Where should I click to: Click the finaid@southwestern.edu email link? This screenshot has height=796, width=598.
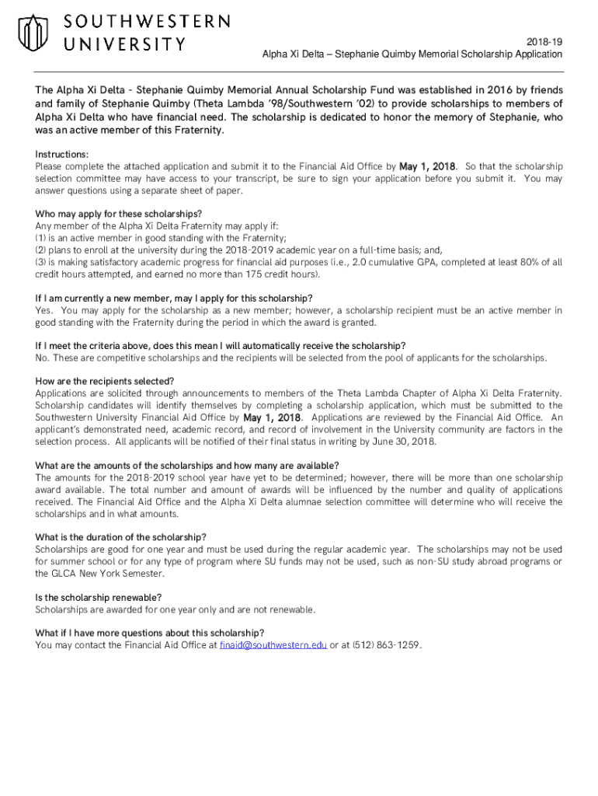pyautogui.click(x=273, y=645)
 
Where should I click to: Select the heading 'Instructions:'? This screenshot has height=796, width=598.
pyautogui.click(x=61, y=155)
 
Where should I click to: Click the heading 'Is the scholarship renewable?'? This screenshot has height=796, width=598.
pyautogui.click(x=99, y=597)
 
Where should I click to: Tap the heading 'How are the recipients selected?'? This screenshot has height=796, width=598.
pyautogui.click(x=105, y=381)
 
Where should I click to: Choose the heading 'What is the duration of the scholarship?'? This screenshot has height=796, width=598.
pyautogui.click(x=120, y=537)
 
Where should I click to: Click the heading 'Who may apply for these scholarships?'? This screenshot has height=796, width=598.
pyautogui.click(x=118, y=214)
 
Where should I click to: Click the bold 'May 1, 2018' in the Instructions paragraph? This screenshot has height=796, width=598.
pyautogui.click(x=428, y=166)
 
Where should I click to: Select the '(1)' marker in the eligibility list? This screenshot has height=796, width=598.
pyautogui.click(x=40, y=238)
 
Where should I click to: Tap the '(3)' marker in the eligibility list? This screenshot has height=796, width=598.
pyautogui.click(x=40, y=263)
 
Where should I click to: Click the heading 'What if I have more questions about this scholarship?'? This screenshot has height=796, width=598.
pyautogui.click(x=150, y=633)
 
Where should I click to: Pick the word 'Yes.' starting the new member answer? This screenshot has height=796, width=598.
pyautogui.click(x=44, y=310)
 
